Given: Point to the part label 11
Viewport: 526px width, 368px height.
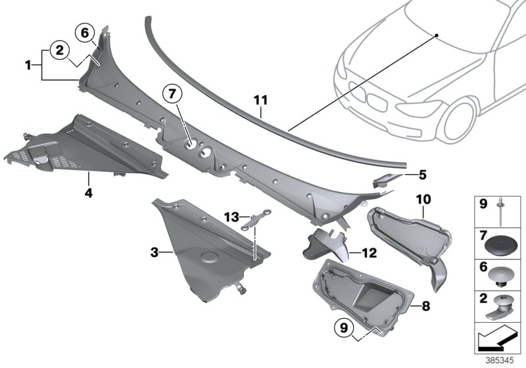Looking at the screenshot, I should point(261,101).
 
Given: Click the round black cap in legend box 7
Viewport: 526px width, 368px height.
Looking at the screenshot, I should point(501,246).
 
